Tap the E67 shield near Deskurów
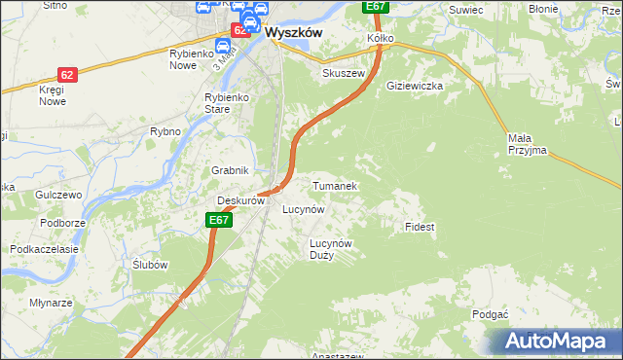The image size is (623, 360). click(219, 221)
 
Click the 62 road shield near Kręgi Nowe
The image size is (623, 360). click(66, 74)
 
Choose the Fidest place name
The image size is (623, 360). click(419, 227)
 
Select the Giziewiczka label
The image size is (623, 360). click(415, 86)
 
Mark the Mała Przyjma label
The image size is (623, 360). click(527, 144)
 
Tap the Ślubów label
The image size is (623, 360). click(151, 265)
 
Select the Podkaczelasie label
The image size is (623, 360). click(44, 249)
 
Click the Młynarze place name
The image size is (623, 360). click(51, 303)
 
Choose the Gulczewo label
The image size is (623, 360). click(57, 195)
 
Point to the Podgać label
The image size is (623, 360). click(490, 314)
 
